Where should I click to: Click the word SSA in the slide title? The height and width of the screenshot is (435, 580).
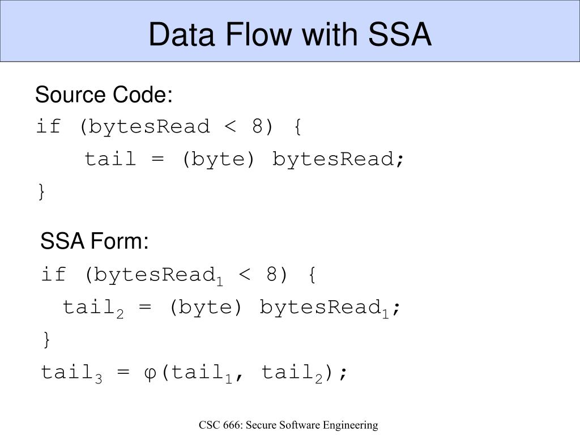(400, 35)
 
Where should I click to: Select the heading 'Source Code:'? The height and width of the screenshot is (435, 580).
(104, 95)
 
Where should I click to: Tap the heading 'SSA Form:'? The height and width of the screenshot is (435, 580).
(95, 242)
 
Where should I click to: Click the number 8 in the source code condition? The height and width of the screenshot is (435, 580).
(258, 127)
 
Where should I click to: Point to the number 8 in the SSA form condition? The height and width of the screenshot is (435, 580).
(273, 275)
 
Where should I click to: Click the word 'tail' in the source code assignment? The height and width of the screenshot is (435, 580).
(110, 160)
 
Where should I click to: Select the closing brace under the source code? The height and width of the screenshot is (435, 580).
(41, 192)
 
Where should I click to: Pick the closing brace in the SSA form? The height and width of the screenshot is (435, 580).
(46, 340)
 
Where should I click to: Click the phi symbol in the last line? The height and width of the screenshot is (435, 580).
(151, 373)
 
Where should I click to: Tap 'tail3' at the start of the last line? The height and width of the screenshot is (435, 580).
(71, 374)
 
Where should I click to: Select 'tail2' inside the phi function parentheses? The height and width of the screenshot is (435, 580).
(292, 374)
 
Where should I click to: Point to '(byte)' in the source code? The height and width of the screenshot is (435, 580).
(218, 160)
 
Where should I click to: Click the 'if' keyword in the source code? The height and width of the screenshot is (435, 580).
(48, 127)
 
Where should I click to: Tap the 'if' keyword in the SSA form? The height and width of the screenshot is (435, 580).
(54, 275)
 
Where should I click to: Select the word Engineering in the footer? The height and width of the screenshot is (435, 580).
(352, 425)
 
